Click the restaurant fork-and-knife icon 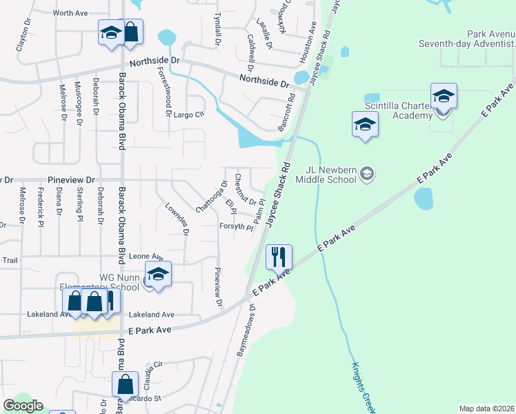click(279, 257)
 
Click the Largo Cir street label click(189, 115)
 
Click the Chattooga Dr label click(212, 197)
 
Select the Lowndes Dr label click(177, 219)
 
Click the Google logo click(23, 406)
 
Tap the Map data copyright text click(486, 408)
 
